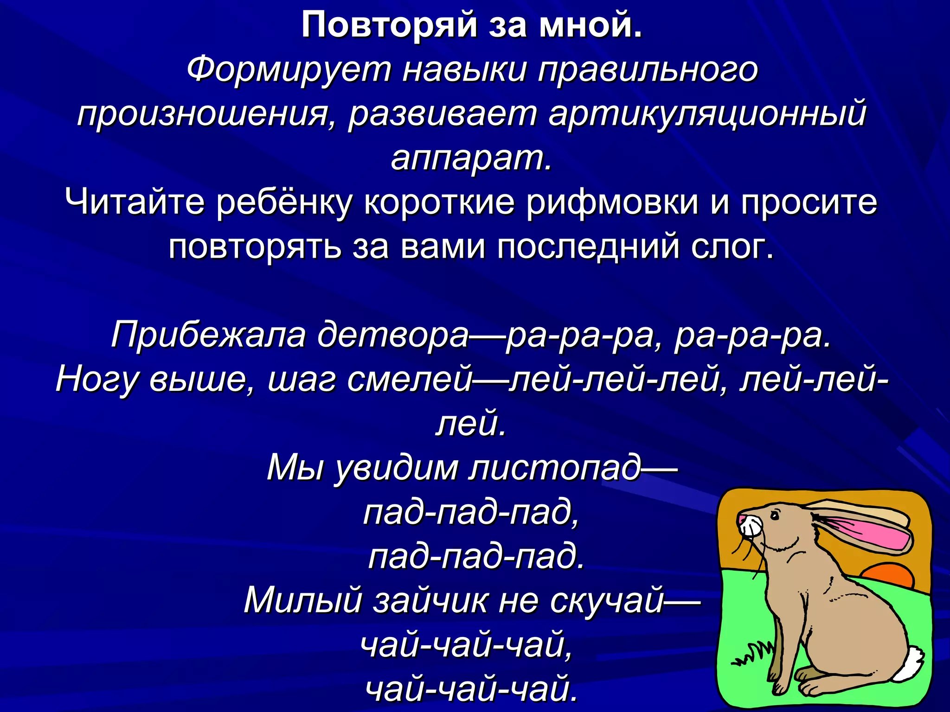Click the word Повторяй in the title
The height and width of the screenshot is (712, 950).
pyautogui.click(x=389, y=25)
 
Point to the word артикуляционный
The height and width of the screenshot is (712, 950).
pyautogui.click(x=707, y=114)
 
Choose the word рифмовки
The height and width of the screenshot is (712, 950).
pyautogui.click(x=612, y=203)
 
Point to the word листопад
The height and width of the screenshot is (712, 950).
pyautogui.click(x=554, y=468)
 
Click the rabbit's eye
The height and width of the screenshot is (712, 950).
pyautogui.click(x=774, y=515)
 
